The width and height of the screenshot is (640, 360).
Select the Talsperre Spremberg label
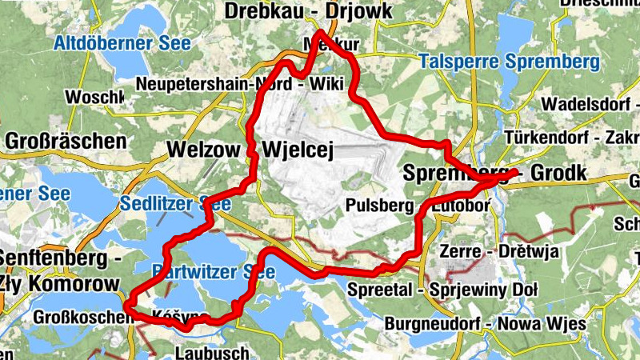[x=508, y=62]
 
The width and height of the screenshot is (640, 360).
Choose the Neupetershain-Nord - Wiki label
[x=239, y=84]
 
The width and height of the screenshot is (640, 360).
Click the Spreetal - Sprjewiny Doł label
[x=442, y=289]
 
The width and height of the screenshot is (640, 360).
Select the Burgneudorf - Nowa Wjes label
[x=486, y=324]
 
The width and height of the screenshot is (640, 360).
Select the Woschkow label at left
[x=94, y=98]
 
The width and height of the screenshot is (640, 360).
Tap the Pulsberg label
[x=380, y=206]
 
